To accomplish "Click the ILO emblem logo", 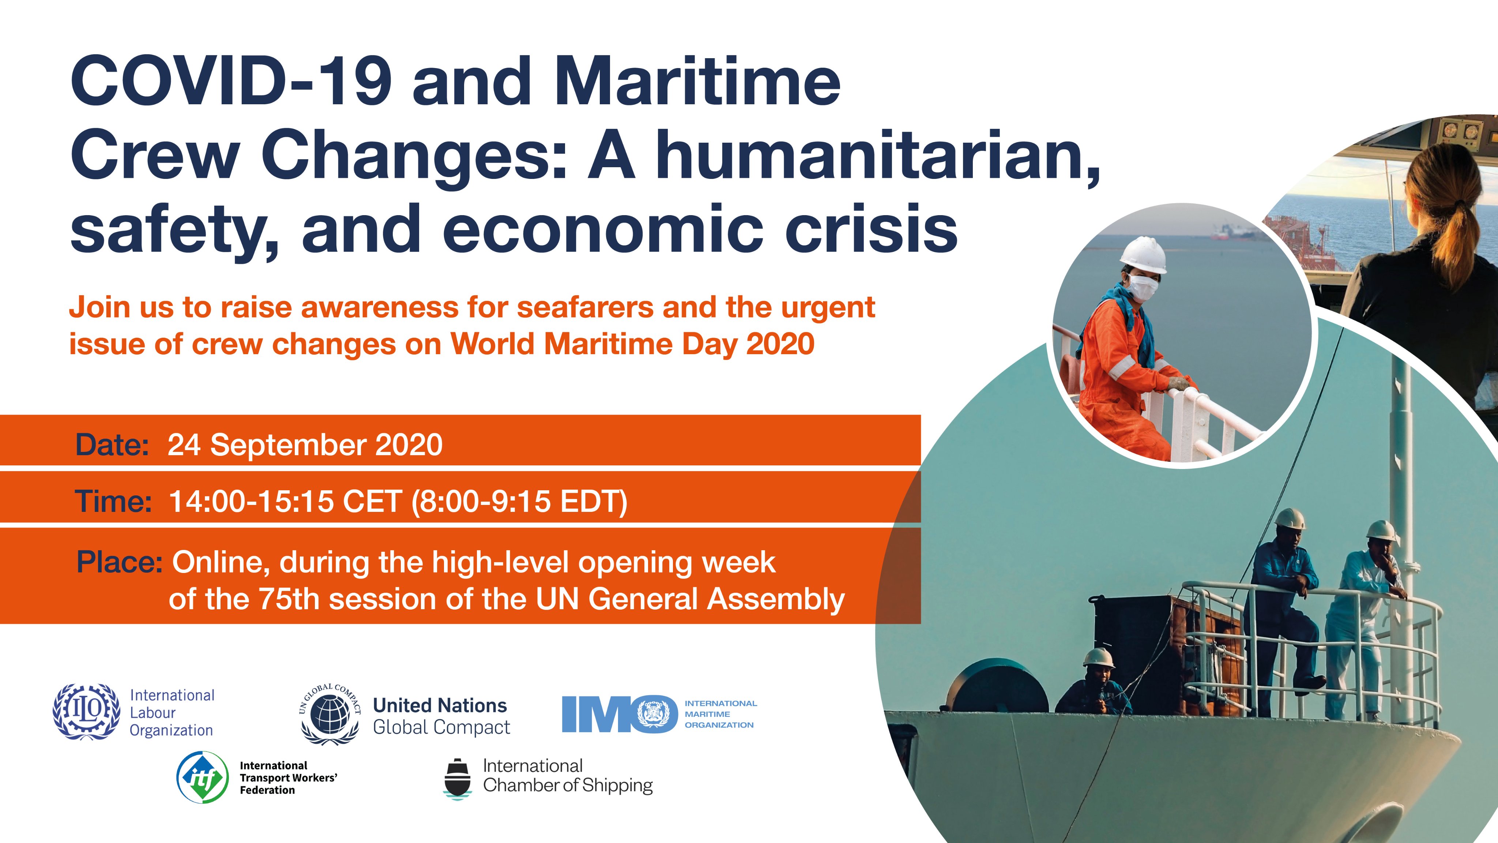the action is point(87,712).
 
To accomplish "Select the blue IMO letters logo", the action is point(619,714).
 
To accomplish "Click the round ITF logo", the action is point(202,777).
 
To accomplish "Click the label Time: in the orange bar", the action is point(113,502).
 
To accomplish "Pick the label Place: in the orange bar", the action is point(119,563).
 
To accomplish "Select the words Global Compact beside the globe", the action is point(441,728).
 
